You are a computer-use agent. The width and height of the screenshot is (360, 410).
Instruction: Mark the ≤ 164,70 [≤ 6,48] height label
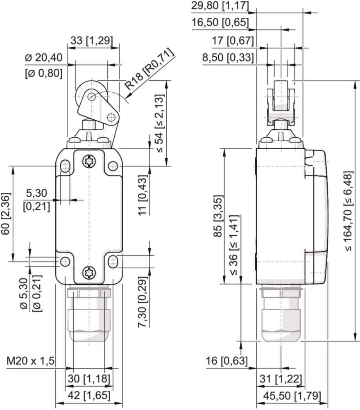click(348, 211)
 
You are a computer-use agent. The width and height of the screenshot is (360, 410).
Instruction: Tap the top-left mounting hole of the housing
click(65, 166)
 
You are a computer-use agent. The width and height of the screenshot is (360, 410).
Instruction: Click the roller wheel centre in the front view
click(91, 97)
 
